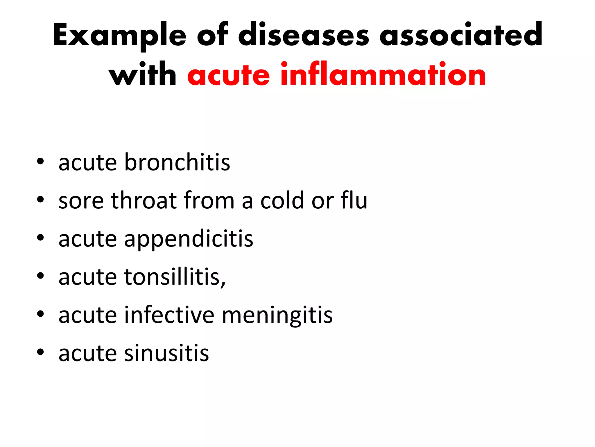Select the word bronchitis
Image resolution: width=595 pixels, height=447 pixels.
pyautogui.click(x=177, y=162)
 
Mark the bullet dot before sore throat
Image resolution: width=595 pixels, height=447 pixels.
pyautogui.click(x=40, y=199)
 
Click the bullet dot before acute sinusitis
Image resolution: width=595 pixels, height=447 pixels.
pyautogui.click(x=40, y=352)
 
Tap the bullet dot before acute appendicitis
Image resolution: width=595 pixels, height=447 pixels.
pyautogui.click(x=40, y=237)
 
